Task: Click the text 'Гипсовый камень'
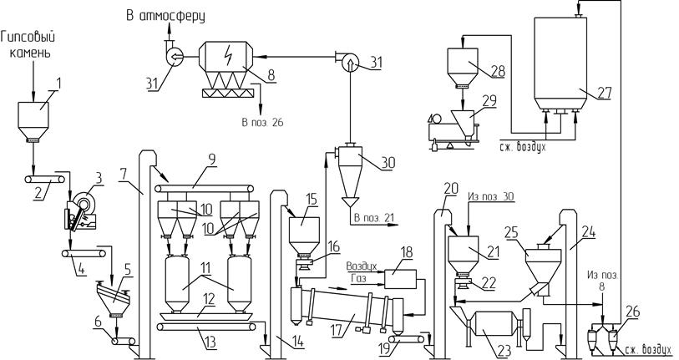point(28,44)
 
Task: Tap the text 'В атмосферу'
point(165,17)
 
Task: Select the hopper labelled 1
point(33,122)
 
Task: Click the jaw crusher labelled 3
point(80,212)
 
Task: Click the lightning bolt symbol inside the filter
point(225,56)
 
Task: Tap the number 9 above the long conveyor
point(211,159)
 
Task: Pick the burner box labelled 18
point(400,279)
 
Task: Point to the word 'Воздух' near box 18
point(362,266)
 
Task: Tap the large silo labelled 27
point(560,64)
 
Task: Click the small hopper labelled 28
point(463,67)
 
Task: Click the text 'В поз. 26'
point(262,122)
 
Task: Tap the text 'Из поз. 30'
point(490,196)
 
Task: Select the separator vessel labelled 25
point(543,270)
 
